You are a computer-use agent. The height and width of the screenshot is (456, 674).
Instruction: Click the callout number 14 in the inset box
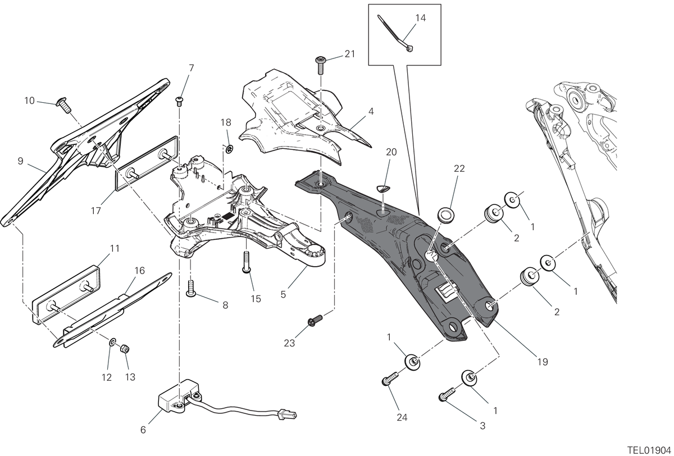coord(420,18)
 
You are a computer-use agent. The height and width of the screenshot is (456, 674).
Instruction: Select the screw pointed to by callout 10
coord(63,105)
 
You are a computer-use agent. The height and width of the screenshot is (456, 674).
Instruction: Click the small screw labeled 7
coord(180,101)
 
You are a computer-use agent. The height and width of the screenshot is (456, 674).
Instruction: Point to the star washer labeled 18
coord(229,149)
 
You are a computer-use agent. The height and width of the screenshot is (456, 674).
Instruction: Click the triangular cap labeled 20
coord(383,189)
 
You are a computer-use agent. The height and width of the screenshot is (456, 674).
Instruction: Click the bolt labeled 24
coord(390,378)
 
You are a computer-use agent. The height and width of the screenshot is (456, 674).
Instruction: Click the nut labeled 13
coord(125,349)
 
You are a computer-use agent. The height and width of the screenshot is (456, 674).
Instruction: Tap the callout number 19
coord(543,362)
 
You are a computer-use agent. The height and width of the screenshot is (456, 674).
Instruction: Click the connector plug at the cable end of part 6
coord(288,415)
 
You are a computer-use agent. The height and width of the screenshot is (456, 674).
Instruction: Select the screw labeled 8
coord(191,288)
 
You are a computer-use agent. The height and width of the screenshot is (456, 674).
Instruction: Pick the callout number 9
coord(20,161)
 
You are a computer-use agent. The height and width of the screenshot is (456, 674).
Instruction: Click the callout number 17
coord(95,211)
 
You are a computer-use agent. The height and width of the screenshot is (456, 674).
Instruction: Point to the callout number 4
coord(371,112)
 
